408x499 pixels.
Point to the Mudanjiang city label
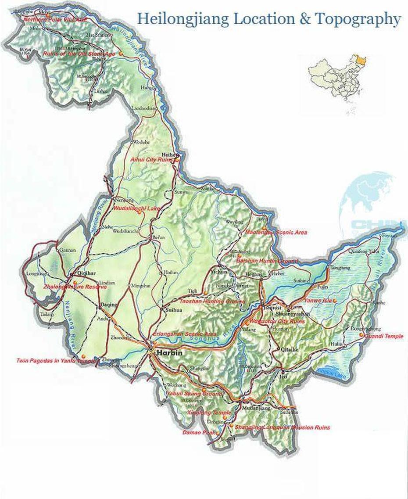click(255, 408)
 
